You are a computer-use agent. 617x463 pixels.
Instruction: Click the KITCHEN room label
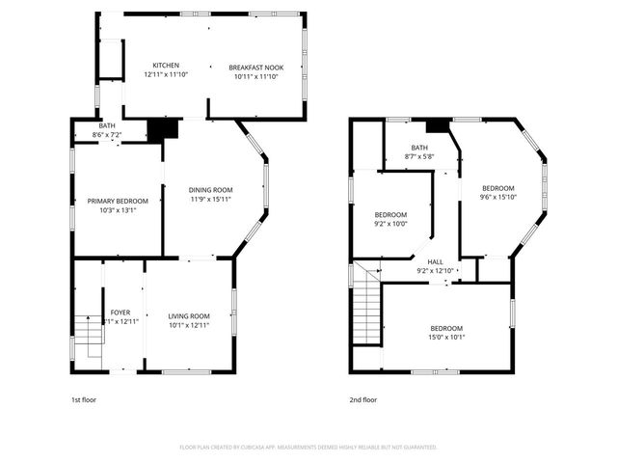165,66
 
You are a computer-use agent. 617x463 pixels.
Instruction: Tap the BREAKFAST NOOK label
255,67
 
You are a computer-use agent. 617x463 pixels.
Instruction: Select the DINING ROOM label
210,190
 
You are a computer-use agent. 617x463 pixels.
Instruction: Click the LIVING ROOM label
189,316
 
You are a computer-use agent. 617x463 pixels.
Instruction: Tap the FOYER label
121,313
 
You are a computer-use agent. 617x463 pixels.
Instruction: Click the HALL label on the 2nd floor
436,261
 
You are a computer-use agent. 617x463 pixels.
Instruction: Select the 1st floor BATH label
106,125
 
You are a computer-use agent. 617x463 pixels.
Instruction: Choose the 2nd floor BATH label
419,148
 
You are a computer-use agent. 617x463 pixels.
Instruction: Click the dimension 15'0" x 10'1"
446,338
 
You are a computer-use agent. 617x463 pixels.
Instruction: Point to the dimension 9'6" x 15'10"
498,198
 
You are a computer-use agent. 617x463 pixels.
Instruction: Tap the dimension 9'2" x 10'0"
390,224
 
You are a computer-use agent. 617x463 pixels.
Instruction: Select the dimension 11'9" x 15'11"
210,200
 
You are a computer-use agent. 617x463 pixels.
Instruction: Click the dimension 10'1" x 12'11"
189,325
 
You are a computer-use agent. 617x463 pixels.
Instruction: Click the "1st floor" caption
84,399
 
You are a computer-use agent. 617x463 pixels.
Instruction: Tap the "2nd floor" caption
363,399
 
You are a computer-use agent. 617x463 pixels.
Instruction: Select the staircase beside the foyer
89,338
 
